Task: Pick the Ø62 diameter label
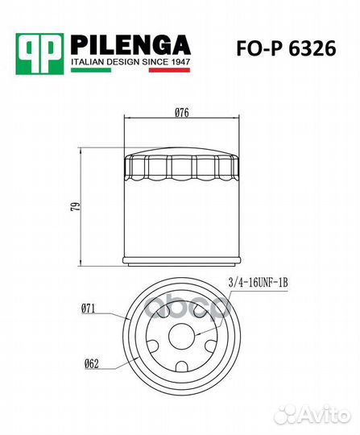(x=90, y=363)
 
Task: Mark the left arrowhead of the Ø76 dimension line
(x=127, y=118)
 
